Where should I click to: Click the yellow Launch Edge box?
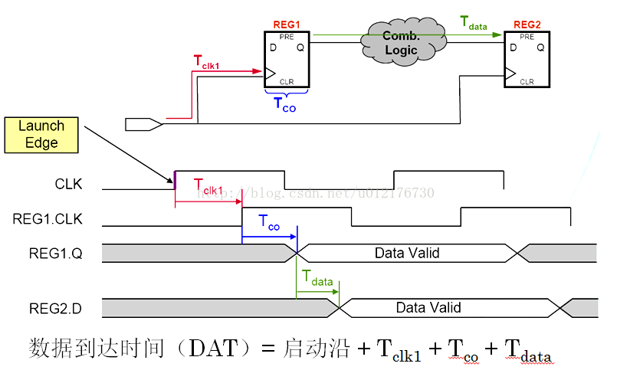pos(41,135)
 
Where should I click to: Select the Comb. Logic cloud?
pos(401,43)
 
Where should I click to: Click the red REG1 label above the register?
pos(287,25)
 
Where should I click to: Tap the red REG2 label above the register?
pos(527,25)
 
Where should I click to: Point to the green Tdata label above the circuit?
pos(474,22)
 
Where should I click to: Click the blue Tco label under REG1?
pos(284,105)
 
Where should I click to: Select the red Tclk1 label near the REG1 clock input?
pos(206,64)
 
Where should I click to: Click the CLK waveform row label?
pos(68,185)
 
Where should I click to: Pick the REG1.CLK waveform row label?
pos(48,220)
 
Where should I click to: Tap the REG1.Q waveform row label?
pos(48,253)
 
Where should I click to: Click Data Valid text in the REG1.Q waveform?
pos(406,253)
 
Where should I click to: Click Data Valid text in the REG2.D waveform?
pos(428,308)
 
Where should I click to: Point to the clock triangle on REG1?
pos(269,73)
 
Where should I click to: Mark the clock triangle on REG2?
pos(510,74)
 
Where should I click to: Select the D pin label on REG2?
pos(512,47)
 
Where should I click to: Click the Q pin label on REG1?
pos(300,47)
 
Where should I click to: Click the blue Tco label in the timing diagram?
pos(269,223)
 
